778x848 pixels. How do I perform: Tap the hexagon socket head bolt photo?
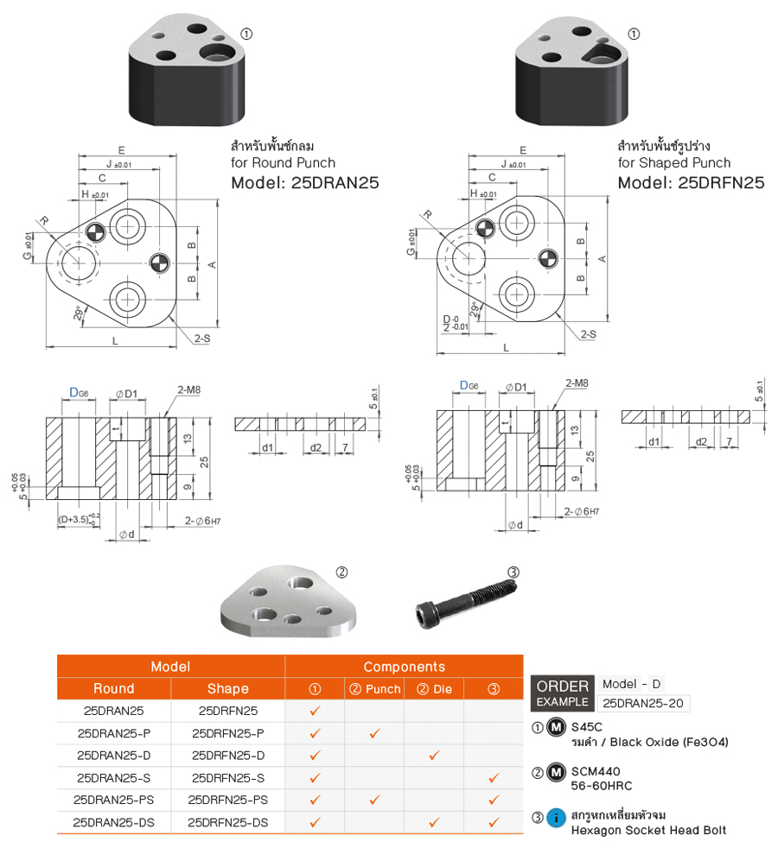465,601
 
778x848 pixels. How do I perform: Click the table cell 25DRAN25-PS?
114,800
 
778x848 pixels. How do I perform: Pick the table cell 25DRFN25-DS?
228,822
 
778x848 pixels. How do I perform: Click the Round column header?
114,688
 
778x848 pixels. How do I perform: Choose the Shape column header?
228,688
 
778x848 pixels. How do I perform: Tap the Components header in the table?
404,667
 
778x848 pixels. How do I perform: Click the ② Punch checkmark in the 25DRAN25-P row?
374,733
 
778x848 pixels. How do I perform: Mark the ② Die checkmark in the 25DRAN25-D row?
434,756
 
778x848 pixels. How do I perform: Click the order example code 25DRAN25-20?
643,703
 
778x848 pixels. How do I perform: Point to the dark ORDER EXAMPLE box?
563,693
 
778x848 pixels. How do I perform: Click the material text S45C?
588,727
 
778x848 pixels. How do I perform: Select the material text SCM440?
596,770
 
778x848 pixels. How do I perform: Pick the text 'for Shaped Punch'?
673,162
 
